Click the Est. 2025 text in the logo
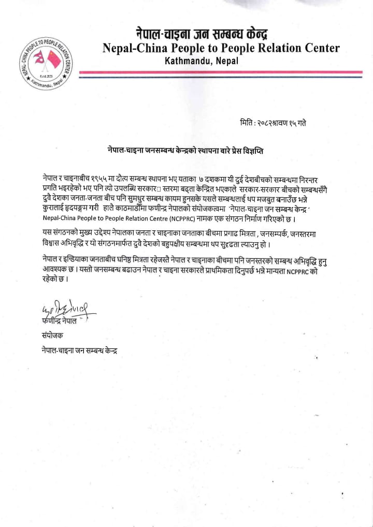tap(45, 78)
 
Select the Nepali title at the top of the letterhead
tap(202, 34)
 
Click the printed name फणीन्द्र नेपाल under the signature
tap(60, 321)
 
